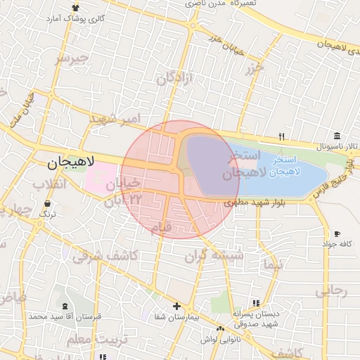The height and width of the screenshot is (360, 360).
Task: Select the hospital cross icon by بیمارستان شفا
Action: tap(176, 306)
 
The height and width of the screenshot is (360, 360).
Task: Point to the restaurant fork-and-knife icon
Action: tap(282, 136)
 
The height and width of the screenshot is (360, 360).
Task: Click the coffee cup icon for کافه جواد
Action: tap(337, 233)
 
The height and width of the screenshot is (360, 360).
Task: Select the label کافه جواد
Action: tap(336, 244)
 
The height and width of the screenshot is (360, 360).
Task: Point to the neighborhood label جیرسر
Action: tap(73, 58)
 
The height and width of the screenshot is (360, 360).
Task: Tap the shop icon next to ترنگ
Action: tap(47, 203)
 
